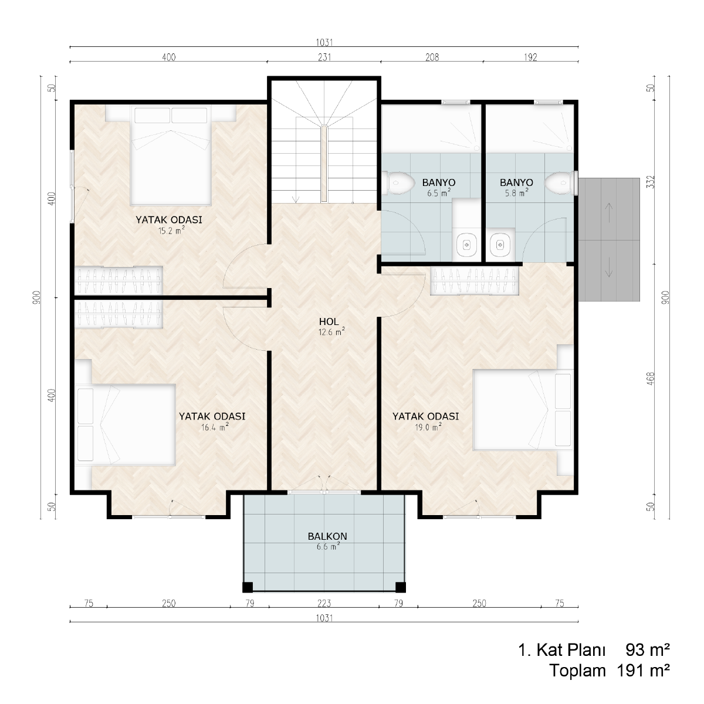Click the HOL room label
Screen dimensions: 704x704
pos(329,321)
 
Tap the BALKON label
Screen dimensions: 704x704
pos(327,536)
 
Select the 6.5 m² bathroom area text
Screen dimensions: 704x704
pos(439,193)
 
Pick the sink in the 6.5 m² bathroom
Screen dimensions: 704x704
pos(467,243)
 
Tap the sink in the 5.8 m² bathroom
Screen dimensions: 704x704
pos(500,243)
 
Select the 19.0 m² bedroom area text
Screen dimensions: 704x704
pos(428,427)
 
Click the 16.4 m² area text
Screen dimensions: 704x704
pos(215,427)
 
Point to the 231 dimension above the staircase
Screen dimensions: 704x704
pos(324,57)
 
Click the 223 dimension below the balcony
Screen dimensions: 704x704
pos(324,603)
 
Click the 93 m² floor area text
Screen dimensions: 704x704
pos(648,651)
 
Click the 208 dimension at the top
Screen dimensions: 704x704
pos(432,57)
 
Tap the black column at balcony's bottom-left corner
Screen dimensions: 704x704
pos(248,587)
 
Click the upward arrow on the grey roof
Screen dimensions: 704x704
pos(608,211)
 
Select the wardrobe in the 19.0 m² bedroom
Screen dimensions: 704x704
pos(475,280)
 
